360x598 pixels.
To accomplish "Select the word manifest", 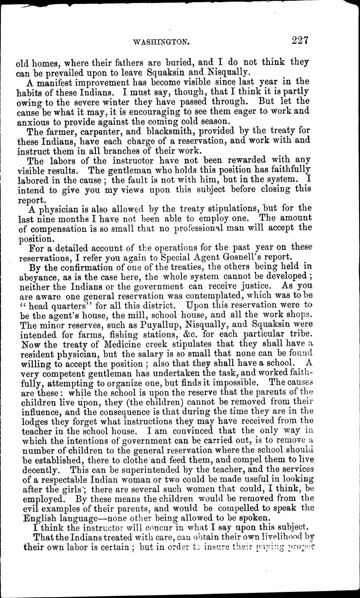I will pyautogui.click(x=49, y=81).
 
